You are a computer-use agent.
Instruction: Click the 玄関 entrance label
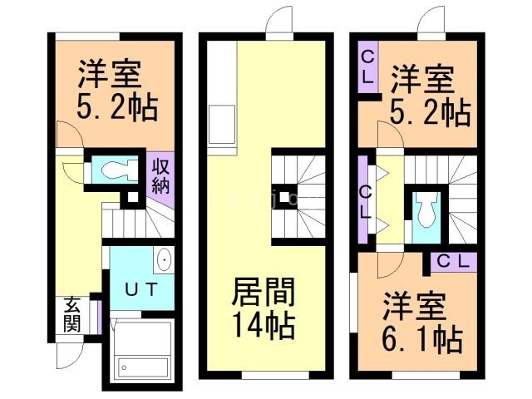point(72,315)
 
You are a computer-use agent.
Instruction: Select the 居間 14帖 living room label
point(262,307)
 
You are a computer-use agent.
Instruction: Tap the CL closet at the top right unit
point(367,67)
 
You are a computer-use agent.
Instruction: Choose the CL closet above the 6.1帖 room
point(454,261)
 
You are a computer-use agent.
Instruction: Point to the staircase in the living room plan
point(297,195)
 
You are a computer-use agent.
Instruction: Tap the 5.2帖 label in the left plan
point(116,91)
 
